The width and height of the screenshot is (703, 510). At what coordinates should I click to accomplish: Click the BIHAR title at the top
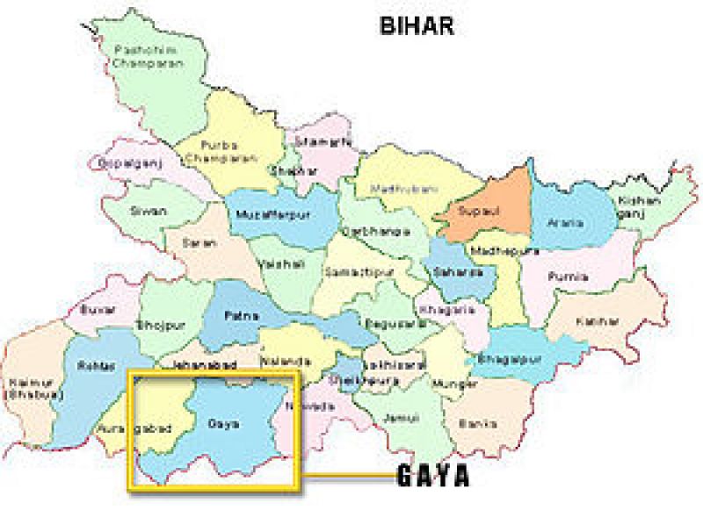(x=417, y=26)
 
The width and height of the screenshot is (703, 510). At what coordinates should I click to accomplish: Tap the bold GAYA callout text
(x=432, y=477)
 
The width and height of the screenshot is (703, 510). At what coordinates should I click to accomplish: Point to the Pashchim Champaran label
(x=148, y=58)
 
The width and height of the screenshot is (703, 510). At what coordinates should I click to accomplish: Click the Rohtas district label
(x=91, y=365)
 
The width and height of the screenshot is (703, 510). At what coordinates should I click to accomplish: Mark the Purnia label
(x=567, y=276)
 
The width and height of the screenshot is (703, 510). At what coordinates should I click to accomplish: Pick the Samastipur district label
(x=351, y=274)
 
